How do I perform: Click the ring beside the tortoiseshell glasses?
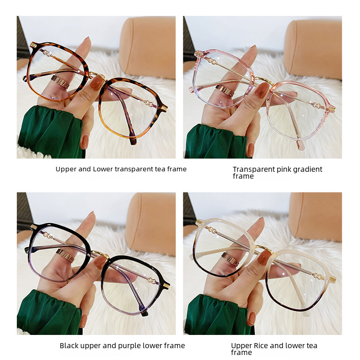point(60,81)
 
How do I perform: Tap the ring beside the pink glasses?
point(225,91)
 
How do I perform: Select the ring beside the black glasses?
point(66,255)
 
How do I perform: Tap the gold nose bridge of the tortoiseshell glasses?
point(98,75)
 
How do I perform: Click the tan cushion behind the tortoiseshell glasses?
point(147,47)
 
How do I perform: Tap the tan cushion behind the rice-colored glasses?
point(315,216)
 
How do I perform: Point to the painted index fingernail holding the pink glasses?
point(262,90)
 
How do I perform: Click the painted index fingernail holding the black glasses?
point(101,262)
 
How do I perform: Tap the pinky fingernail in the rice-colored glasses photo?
point(252,319)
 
